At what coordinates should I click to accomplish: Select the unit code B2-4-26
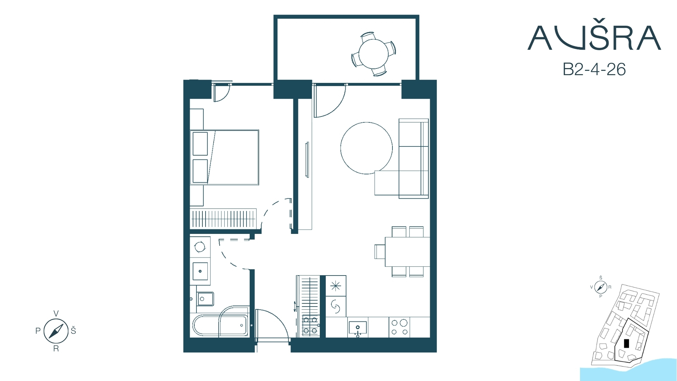(594, 69)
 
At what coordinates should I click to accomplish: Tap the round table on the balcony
(373, 54)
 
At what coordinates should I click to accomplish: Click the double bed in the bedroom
(225, 157)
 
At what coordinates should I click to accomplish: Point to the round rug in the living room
(366, 148)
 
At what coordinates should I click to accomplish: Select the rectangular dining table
(407, 252)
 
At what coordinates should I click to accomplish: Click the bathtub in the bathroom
(220, 325)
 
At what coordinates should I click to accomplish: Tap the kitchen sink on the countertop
(358, 328)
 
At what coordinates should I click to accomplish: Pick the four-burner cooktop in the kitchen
(400, 327)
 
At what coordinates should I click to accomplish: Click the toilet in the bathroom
(205, 299)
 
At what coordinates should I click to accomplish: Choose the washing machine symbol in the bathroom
(200, 247)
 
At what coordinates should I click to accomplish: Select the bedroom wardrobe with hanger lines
(223, 218)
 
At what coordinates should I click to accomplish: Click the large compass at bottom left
(56, 331)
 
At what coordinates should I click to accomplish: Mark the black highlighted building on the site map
(626, 343)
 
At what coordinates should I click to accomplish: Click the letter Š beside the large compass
(73, 331)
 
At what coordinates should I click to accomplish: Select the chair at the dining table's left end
(380, 252)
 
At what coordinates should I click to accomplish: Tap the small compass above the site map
(600, 287)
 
